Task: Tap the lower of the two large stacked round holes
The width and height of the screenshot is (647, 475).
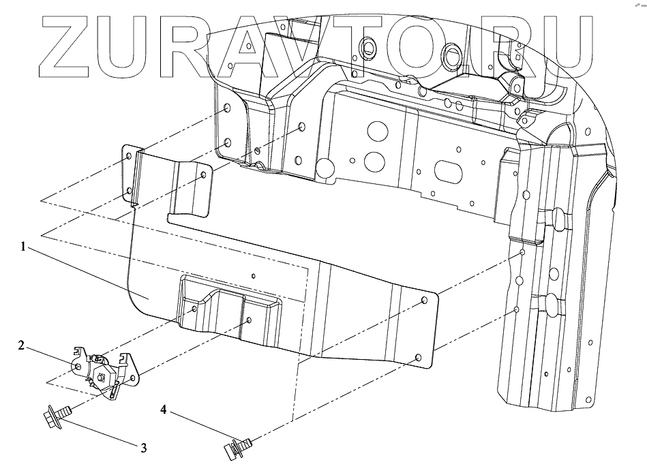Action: click(373, 161)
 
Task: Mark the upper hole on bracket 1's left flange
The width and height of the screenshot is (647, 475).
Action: click(130, 157)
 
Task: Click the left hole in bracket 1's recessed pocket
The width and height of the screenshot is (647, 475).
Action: click(194, 309)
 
